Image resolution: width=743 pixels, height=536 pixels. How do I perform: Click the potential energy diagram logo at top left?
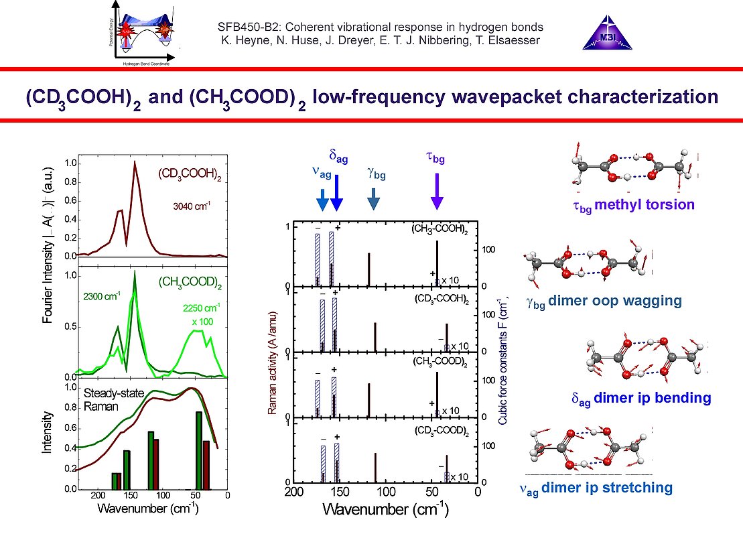coord(142,33)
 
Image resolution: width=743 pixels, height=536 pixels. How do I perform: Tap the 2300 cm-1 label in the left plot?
coord(102,294)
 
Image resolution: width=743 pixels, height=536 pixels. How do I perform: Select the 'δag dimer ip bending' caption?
coord(640,398)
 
